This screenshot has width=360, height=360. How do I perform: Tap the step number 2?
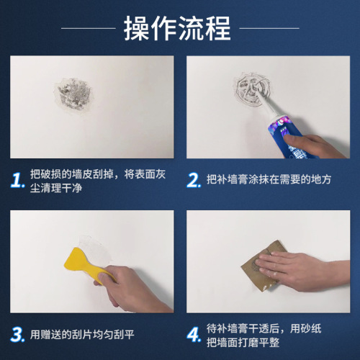point(193,179)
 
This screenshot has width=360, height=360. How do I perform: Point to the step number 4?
point(193,334)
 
